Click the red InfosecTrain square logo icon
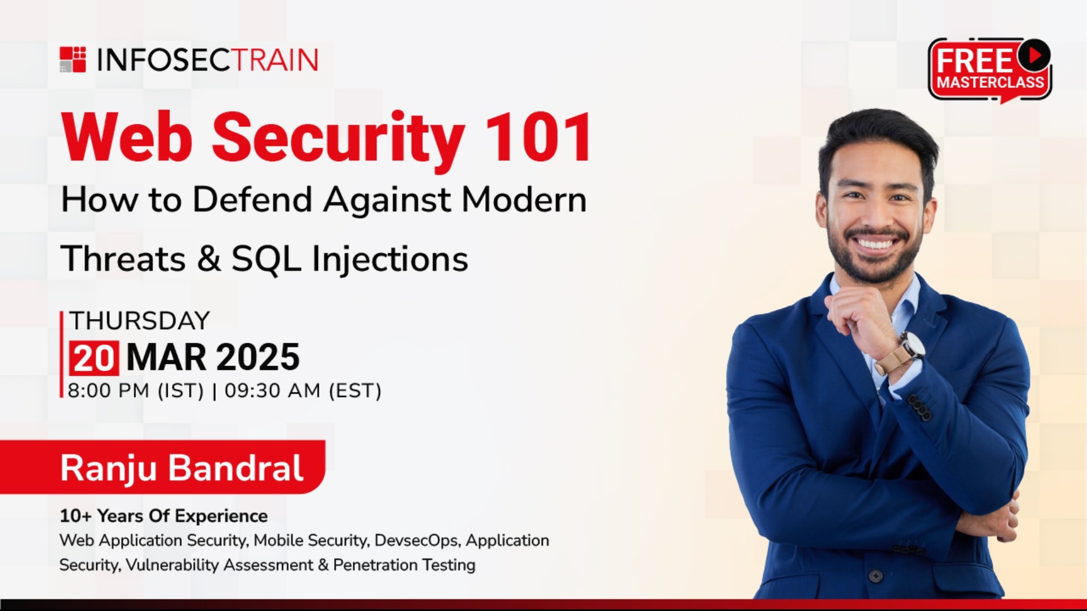(73, 60)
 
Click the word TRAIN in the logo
(276, 61)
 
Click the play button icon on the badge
(1034, 55)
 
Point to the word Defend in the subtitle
(253, 200)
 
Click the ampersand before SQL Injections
(209, 259)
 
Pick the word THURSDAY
(139, 321)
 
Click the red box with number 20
(94, 358)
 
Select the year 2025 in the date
(258, 358)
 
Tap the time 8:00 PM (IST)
(135, 391)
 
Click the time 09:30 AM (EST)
(303, 391)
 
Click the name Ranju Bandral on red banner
(182, 468)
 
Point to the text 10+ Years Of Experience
(164, 516)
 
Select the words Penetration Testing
(404, 565)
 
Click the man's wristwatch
(911, 345)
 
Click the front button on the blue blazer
(876, 576)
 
